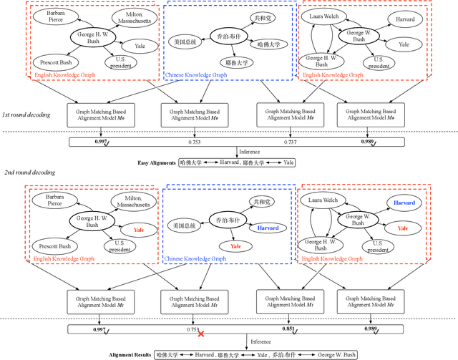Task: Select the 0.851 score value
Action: coord(288,329)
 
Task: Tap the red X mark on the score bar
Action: coord(201,334)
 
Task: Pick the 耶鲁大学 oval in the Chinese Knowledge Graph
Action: coord(229,62)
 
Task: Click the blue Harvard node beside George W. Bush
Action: coord(404,203)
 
